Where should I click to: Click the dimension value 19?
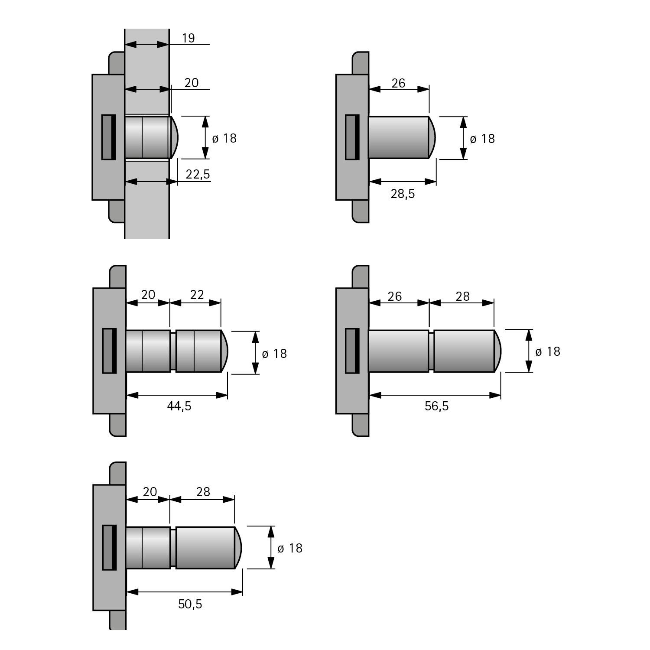[188, 38]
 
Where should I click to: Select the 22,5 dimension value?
[198, 174]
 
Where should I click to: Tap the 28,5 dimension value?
[403, 194]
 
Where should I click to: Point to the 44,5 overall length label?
[179, 406]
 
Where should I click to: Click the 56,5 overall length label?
[436, 406]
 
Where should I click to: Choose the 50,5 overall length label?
[190, 604]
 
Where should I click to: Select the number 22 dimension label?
[197, 295]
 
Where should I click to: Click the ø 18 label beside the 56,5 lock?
[548, 351]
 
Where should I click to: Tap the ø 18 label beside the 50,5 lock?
[289, 548]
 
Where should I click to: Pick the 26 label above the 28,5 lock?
[398, 83]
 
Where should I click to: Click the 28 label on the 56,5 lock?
[462, 296]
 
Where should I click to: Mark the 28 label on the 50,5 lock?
[203, 492]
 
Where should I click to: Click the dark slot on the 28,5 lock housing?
[352, 137]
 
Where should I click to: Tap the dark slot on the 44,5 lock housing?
[109, 351]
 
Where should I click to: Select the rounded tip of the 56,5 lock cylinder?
[497, 351]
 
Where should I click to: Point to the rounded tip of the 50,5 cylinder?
[238, 548]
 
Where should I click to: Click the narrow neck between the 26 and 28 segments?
[431, 351]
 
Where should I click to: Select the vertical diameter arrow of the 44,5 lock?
[255, 352]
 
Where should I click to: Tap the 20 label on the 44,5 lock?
[148, 295]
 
